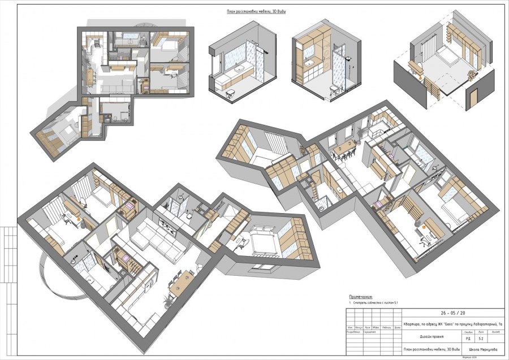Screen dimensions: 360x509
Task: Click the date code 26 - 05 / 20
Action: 452,313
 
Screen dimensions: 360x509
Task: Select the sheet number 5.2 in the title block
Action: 480,339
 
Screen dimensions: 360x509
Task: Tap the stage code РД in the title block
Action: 468,339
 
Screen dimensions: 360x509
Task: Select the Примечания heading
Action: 361,297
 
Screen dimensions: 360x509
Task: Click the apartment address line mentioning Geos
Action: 452,324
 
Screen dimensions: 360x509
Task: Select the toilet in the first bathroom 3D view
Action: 230,94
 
